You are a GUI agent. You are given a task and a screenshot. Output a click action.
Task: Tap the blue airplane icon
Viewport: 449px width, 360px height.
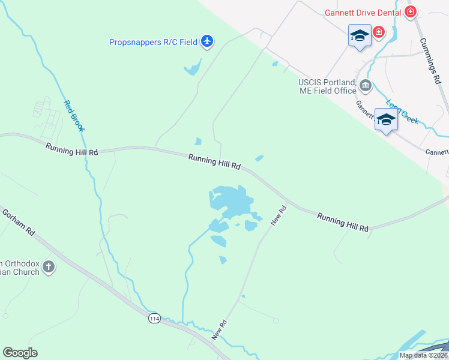point(208,41)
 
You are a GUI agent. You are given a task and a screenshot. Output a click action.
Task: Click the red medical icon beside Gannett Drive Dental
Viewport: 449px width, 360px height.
point(411,11)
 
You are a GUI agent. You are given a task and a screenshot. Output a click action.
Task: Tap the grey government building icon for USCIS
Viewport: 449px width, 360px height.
point(365,87)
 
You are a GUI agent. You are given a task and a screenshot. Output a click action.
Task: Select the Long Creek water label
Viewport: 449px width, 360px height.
point(402,111)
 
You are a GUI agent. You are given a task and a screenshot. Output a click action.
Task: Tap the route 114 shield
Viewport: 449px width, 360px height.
point(155,319)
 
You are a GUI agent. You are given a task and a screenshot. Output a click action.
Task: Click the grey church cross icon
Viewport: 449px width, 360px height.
point(49,267)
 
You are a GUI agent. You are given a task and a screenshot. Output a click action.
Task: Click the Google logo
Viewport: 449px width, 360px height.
point(20,353)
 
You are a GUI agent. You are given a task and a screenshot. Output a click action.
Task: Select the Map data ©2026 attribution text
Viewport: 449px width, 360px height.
point(423,355)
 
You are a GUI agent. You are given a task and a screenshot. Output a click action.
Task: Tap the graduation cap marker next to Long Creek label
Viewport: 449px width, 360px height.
point(385,120)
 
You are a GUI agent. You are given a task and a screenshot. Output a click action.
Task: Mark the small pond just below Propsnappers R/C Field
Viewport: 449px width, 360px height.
point(192,68)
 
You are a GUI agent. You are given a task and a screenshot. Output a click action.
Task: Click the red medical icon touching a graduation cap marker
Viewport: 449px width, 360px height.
point(379,32)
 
